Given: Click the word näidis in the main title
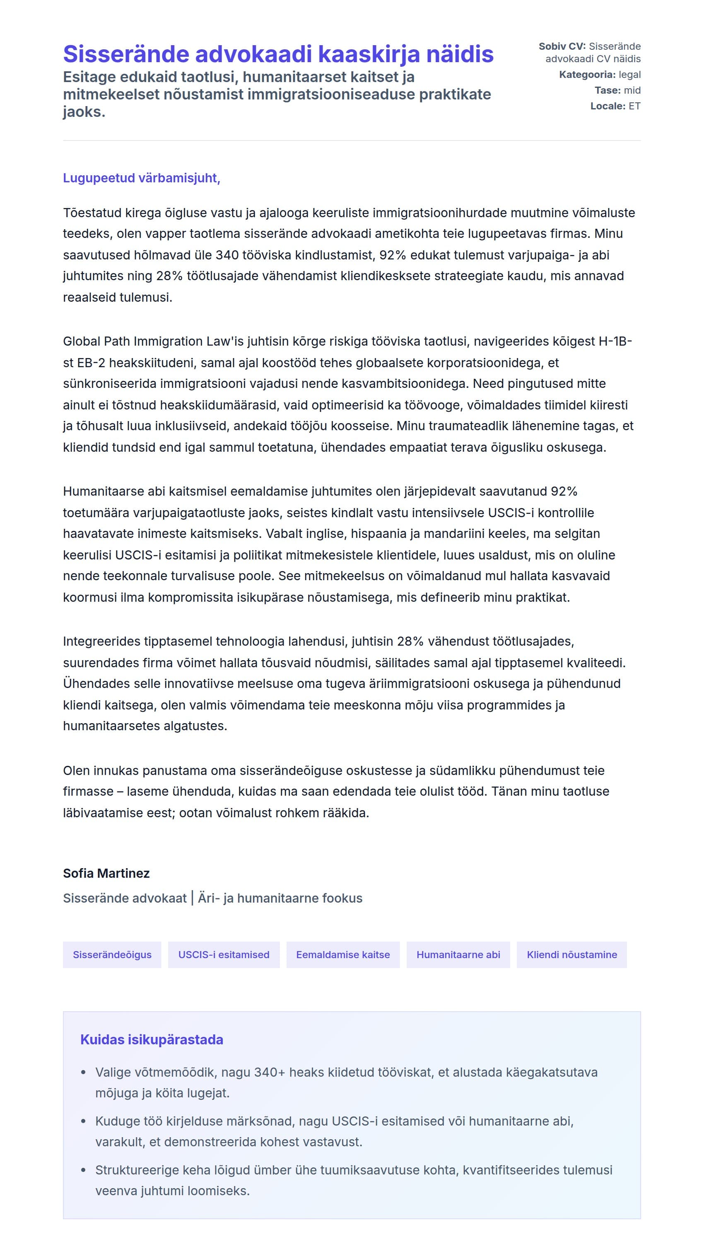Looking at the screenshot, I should (x=460, y=54).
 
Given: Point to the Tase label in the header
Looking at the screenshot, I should (x=607, y=90).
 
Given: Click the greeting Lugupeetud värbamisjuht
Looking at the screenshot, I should (x=141, y=178).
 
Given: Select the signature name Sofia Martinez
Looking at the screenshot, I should (x=106, y=873).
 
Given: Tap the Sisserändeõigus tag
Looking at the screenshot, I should (x=112, y=954).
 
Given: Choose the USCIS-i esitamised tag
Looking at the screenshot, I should (x=224, y=954).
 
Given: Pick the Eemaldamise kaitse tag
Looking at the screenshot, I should (x=342, y=954).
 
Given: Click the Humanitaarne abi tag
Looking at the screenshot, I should (x=458, y=954).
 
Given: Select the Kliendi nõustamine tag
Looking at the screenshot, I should (x=571, y=954).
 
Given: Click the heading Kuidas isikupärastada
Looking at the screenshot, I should (x=152, y=1039).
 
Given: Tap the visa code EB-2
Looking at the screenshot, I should (x=91, y=363).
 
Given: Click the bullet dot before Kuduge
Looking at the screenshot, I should (x=83, y=1121).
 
